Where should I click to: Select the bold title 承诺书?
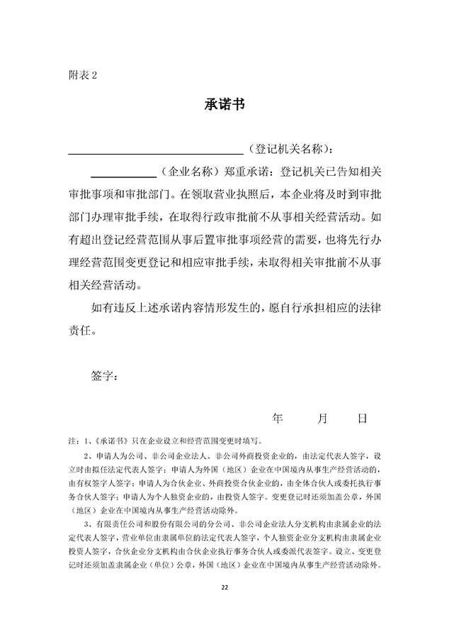224,104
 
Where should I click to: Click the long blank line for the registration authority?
155,151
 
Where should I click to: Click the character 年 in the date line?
278,419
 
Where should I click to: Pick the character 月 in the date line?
322,419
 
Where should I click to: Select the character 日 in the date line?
362,419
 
